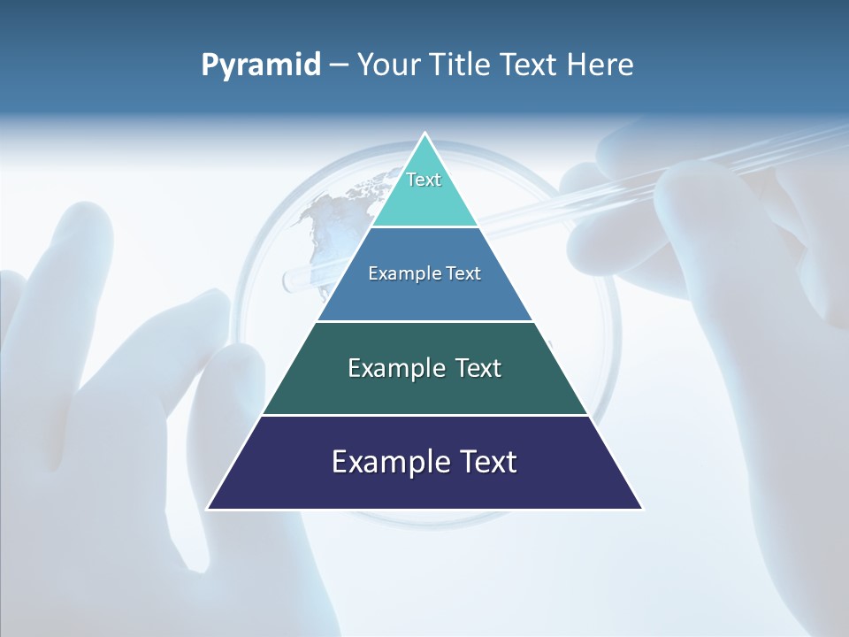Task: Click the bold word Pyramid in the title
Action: point(260,65)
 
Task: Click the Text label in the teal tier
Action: point(424,180)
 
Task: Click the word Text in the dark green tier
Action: point(478,368)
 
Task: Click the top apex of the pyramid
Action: point(424,134)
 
